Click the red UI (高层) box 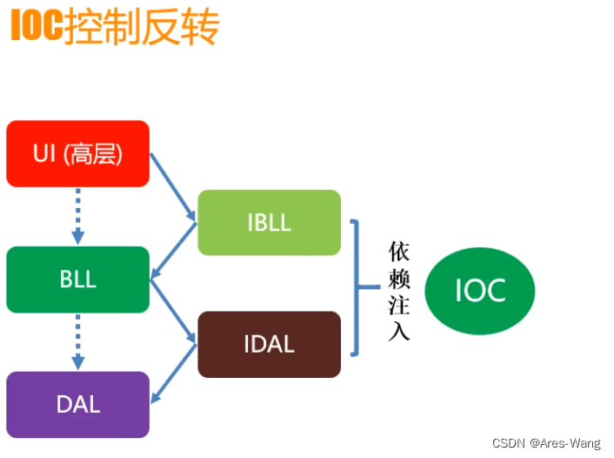[77, 154]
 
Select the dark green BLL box [77, 280]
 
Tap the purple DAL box [77, 404]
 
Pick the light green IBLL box [269, 222]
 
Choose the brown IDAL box [269, 344]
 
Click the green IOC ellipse [480, 290]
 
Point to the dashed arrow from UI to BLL [77, 216]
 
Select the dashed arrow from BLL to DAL [77, 341]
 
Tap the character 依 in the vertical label [398, 253]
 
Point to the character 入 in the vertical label [398, 332]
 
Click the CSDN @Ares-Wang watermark [546, 443]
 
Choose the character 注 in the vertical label [398, 306]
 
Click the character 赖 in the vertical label [398, 279]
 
